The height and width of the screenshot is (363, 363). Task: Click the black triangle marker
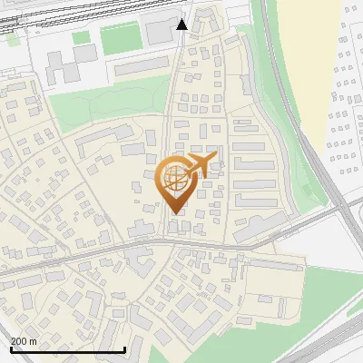click(x=182, y=25)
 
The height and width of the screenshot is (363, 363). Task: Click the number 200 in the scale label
click(x=20, y=341)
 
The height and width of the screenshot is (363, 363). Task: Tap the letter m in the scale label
click(x=34, y=341)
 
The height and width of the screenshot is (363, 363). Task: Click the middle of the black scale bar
click(x=66, y=349)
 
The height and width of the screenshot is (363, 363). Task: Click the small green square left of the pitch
click(x=82, y=38)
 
